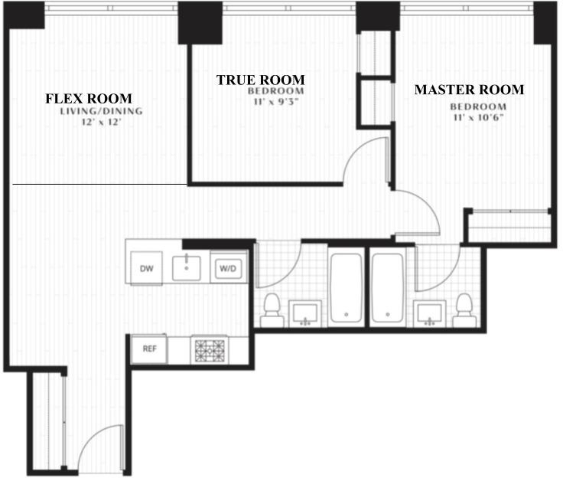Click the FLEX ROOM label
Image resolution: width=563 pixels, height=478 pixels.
click(88, 99)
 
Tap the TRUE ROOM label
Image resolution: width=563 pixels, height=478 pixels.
click(260, 80)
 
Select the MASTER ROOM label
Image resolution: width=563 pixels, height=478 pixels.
click(469, 90)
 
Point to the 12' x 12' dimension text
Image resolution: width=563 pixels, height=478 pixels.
click(102, 123)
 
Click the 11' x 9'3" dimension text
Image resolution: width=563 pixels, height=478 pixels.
click(275, 102)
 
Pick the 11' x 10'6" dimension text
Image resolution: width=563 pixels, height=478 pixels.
click(479, 118)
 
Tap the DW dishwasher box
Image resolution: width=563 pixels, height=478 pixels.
click(147, 268)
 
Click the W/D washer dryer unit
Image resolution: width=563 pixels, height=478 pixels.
click(228, 269)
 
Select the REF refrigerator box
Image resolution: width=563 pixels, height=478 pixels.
click(149, 349)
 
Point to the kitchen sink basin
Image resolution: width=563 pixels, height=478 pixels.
click(187, 268)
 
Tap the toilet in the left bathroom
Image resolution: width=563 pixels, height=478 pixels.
click(272, 310)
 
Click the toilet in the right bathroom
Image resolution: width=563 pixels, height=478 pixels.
click(464, 310)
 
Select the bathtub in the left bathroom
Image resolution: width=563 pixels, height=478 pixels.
click(346, 288)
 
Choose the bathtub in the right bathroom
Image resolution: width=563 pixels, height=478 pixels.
click(387, 288)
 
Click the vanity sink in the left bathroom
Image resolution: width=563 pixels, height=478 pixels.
click(305, 313)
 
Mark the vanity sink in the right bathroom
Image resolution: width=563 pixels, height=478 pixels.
click(429, 313)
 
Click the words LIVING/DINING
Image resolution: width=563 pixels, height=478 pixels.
click(101, 111)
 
